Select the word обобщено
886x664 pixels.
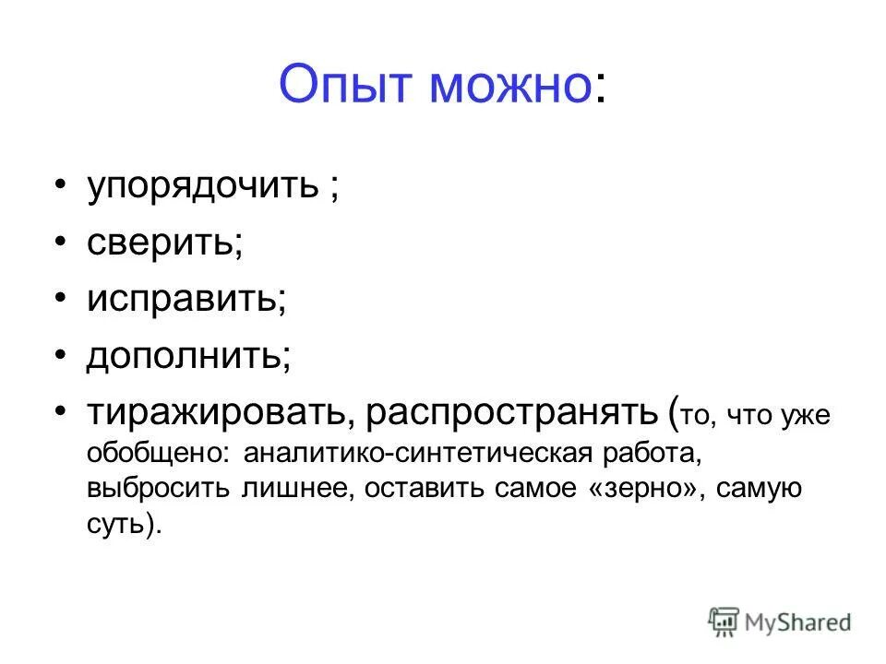coord(159,454)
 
